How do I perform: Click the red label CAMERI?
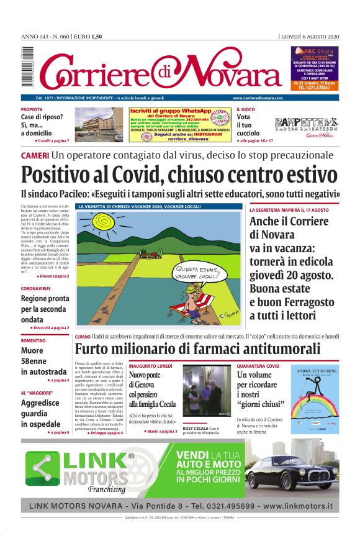pyautogui.click(x=35, y=154)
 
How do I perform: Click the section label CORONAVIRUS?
pyautogui.click(x=36, y=289)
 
